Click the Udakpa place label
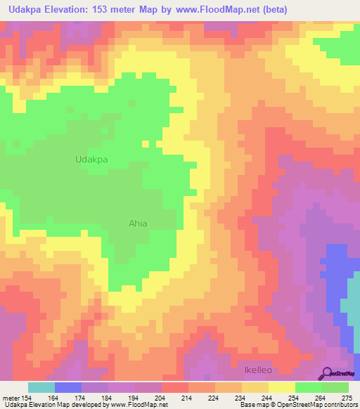(x=91, y=160)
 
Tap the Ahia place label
(x=138, y=223)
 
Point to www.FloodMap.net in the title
(x=219, y=11)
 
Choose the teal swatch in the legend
(x=41, y=387)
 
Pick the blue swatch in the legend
(x=68, y=387)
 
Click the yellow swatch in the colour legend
(x=282, y=387)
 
